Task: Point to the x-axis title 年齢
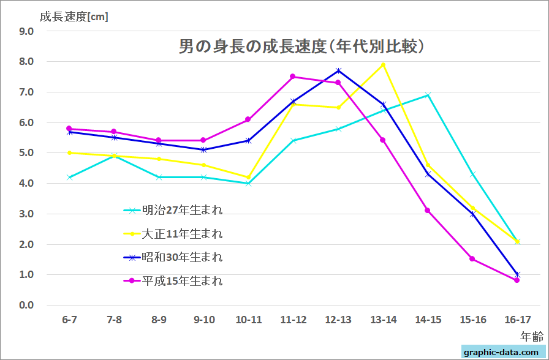pyautogui.click(x=531, y=336)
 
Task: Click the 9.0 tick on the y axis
pyautogui.click(x=26, y=31)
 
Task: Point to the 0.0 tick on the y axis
pyautogui.click(x=26, y=305)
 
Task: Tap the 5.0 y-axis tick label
pyautogui.click(x=26, y=153)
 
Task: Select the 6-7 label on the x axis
pyautogui.click(x=69, y=320)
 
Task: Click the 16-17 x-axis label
pyautogui.click(x=517, y=320)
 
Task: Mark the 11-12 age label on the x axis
pyautogui.click(x=293, y=320)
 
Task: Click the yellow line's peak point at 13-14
pyautogui.click(x=383, y=65)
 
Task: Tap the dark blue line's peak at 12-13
pyautogui.click(x=338, y=71)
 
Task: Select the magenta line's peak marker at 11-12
pyautogui.click(x=293, y=77)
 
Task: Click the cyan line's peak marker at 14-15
pyautogui.click(x=428, y=95)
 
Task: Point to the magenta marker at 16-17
pyautogui.click(x=517, y=280)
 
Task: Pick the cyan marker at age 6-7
pyautogui.click(x=69, y=178)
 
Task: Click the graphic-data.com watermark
pyautogui.click(x=502, y=352)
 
